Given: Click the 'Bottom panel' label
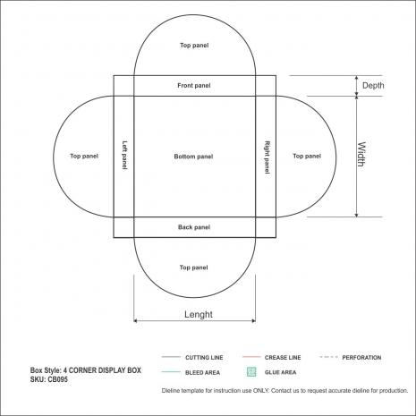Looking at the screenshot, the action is click(x=193, y=157).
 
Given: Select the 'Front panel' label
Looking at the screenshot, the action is click(x=194, y=86).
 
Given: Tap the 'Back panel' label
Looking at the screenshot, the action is click(x=194, y=227).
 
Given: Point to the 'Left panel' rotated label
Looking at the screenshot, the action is click(x=124, y=156).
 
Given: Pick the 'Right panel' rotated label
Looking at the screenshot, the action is click(x=267, y=157).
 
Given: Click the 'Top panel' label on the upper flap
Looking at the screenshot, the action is click(x=194, y=46).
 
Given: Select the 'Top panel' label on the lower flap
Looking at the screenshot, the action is click(x=194, y=267).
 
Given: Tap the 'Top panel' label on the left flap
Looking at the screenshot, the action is click(x=84, y=156).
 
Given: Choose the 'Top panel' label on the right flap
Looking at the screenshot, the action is click(x=307, y=156).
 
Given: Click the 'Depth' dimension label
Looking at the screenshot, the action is click(x=373, y=86).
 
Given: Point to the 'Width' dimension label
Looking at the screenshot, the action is click(x=361, y=154).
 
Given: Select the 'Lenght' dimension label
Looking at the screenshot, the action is click(x=199, y=314).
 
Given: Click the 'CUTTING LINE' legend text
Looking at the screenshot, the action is click(x=204, y=358).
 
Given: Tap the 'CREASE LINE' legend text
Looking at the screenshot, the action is click(x=283, y=358).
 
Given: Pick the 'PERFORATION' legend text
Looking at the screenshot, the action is click(x=361, y=358).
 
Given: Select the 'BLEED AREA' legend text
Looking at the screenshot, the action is click(x=202, y=373).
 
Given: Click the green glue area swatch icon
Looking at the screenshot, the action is click(x=251, y=371).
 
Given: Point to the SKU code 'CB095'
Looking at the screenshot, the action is click(x=57, y=379).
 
